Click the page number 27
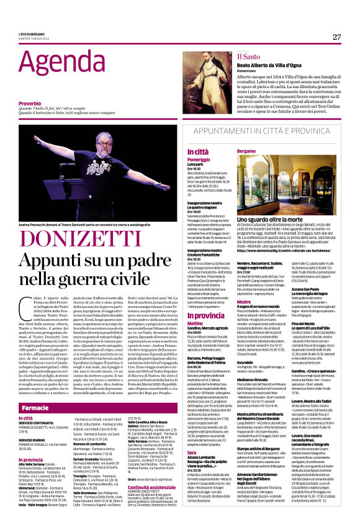(336, 37)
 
